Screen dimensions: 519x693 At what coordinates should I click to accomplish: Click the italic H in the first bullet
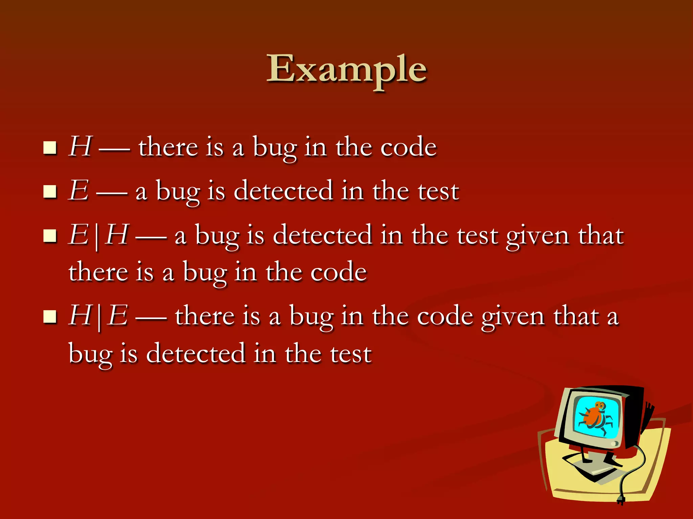[x=80, y=147]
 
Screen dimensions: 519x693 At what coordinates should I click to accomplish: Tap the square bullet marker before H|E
[x=50, y=317]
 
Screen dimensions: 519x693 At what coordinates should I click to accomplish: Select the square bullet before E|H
[x=50, y=236]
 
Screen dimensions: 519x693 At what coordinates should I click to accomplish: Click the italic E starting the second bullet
[x=79, y=191]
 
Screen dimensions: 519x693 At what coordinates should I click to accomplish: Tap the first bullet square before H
[x=50, y=148]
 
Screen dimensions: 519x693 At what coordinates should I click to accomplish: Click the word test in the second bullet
[x=438, y=191]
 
